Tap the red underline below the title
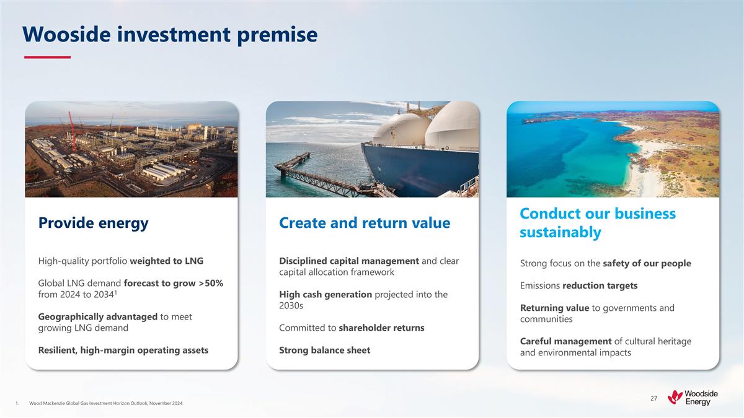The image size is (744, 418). point(47,58)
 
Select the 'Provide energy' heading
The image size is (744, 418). point(93,223)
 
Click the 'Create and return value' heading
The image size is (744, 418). point(365,223)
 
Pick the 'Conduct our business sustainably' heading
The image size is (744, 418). point(597,223)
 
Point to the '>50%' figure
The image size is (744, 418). point(210,283)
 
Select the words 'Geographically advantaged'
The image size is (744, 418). point(98,316)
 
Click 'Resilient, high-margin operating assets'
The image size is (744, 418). point(123,350)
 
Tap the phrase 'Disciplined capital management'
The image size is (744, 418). point(349,261)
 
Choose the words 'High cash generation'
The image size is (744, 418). point(325,294)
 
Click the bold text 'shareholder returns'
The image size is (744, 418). point(381,328)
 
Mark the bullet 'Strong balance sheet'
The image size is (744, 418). point(324,350)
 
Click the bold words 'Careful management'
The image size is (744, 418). point(565,341)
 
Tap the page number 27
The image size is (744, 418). point(653,398)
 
